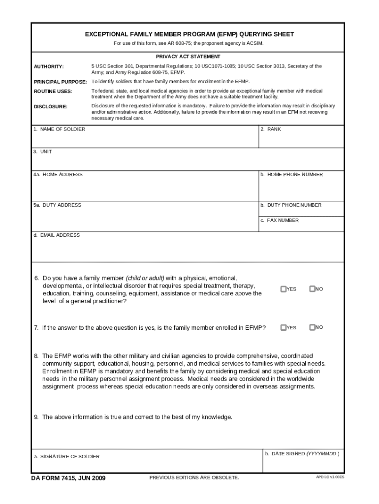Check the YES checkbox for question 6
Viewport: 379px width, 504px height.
(x=284, y=289)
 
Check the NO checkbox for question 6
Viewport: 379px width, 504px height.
(x=312, y=289)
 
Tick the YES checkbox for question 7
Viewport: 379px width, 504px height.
(x=284, y=327)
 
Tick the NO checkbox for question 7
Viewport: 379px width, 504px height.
(x=312, y=327)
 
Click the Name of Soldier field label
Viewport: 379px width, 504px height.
(x=59, y=129)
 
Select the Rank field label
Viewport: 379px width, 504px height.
(x=271, y=129)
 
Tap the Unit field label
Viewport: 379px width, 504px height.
(x=42, y=152)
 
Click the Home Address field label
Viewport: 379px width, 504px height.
(x=58, y=174)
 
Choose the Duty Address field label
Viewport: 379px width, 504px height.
(x=57, y=205)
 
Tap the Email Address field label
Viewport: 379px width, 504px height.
(x=57, y=235)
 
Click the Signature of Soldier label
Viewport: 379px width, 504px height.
(x=66, y=456)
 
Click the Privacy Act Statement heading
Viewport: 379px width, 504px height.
(x=188, y=57)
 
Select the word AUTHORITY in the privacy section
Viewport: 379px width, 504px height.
(x=49, y=66)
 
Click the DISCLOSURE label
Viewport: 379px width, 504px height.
(x=50, y=106)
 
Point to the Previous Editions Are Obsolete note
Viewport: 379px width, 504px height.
(x=194, y=477)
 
